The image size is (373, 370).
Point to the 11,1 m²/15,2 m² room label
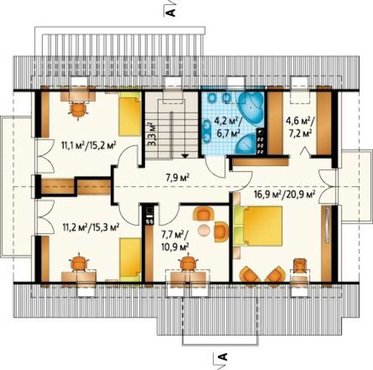coord(89,145)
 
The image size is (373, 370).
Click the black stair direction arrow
coord(185,156)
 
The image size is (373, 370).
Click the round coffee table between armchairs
coord(204,230)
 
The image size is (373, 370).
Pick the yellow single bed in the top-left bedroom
coord(130,114)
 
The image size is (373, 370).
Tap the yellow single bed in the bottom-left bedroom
coord(130,259)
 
